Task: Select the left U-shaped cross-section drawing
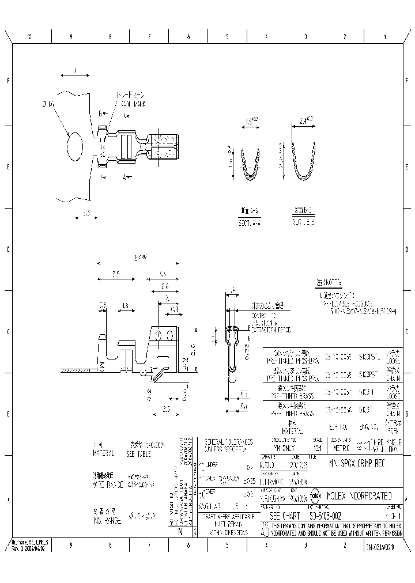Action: click(250, 165)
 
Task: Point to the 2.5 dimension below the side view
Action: click(166, 408)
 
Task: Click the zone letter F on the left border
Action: click(8, 80)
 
